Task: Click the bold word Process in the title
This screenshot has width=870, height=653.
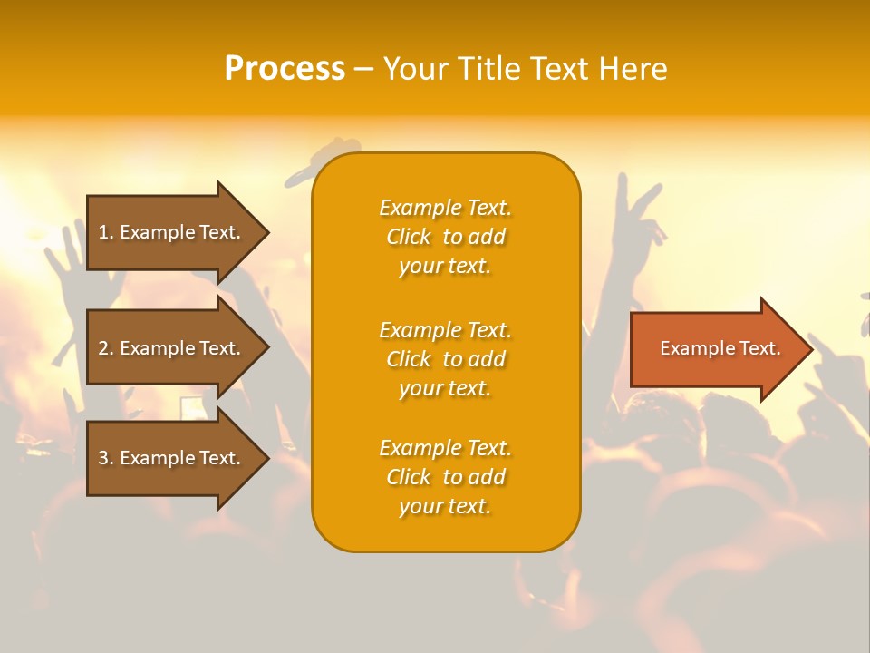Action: [285, 69]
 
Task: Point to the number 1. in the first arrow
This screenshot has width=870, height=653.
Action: [106, 232]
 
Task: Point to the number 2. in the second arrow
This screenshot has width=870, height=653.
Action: [106, 348]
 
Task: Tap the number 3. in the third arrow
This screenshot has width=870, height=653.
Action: [106, 458]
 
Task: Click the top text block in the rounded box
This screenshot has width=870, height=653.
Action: [445, 237]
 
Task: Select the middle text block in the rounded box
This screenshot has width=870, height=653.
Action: [445, 359]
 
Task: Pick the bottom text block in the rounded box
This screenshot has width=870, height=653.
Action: [445, 477]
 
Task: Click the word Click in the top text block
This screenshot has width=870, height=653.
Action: [409, 237]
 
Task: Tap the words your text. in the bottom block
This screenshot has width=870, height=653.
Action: [445, 506]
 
